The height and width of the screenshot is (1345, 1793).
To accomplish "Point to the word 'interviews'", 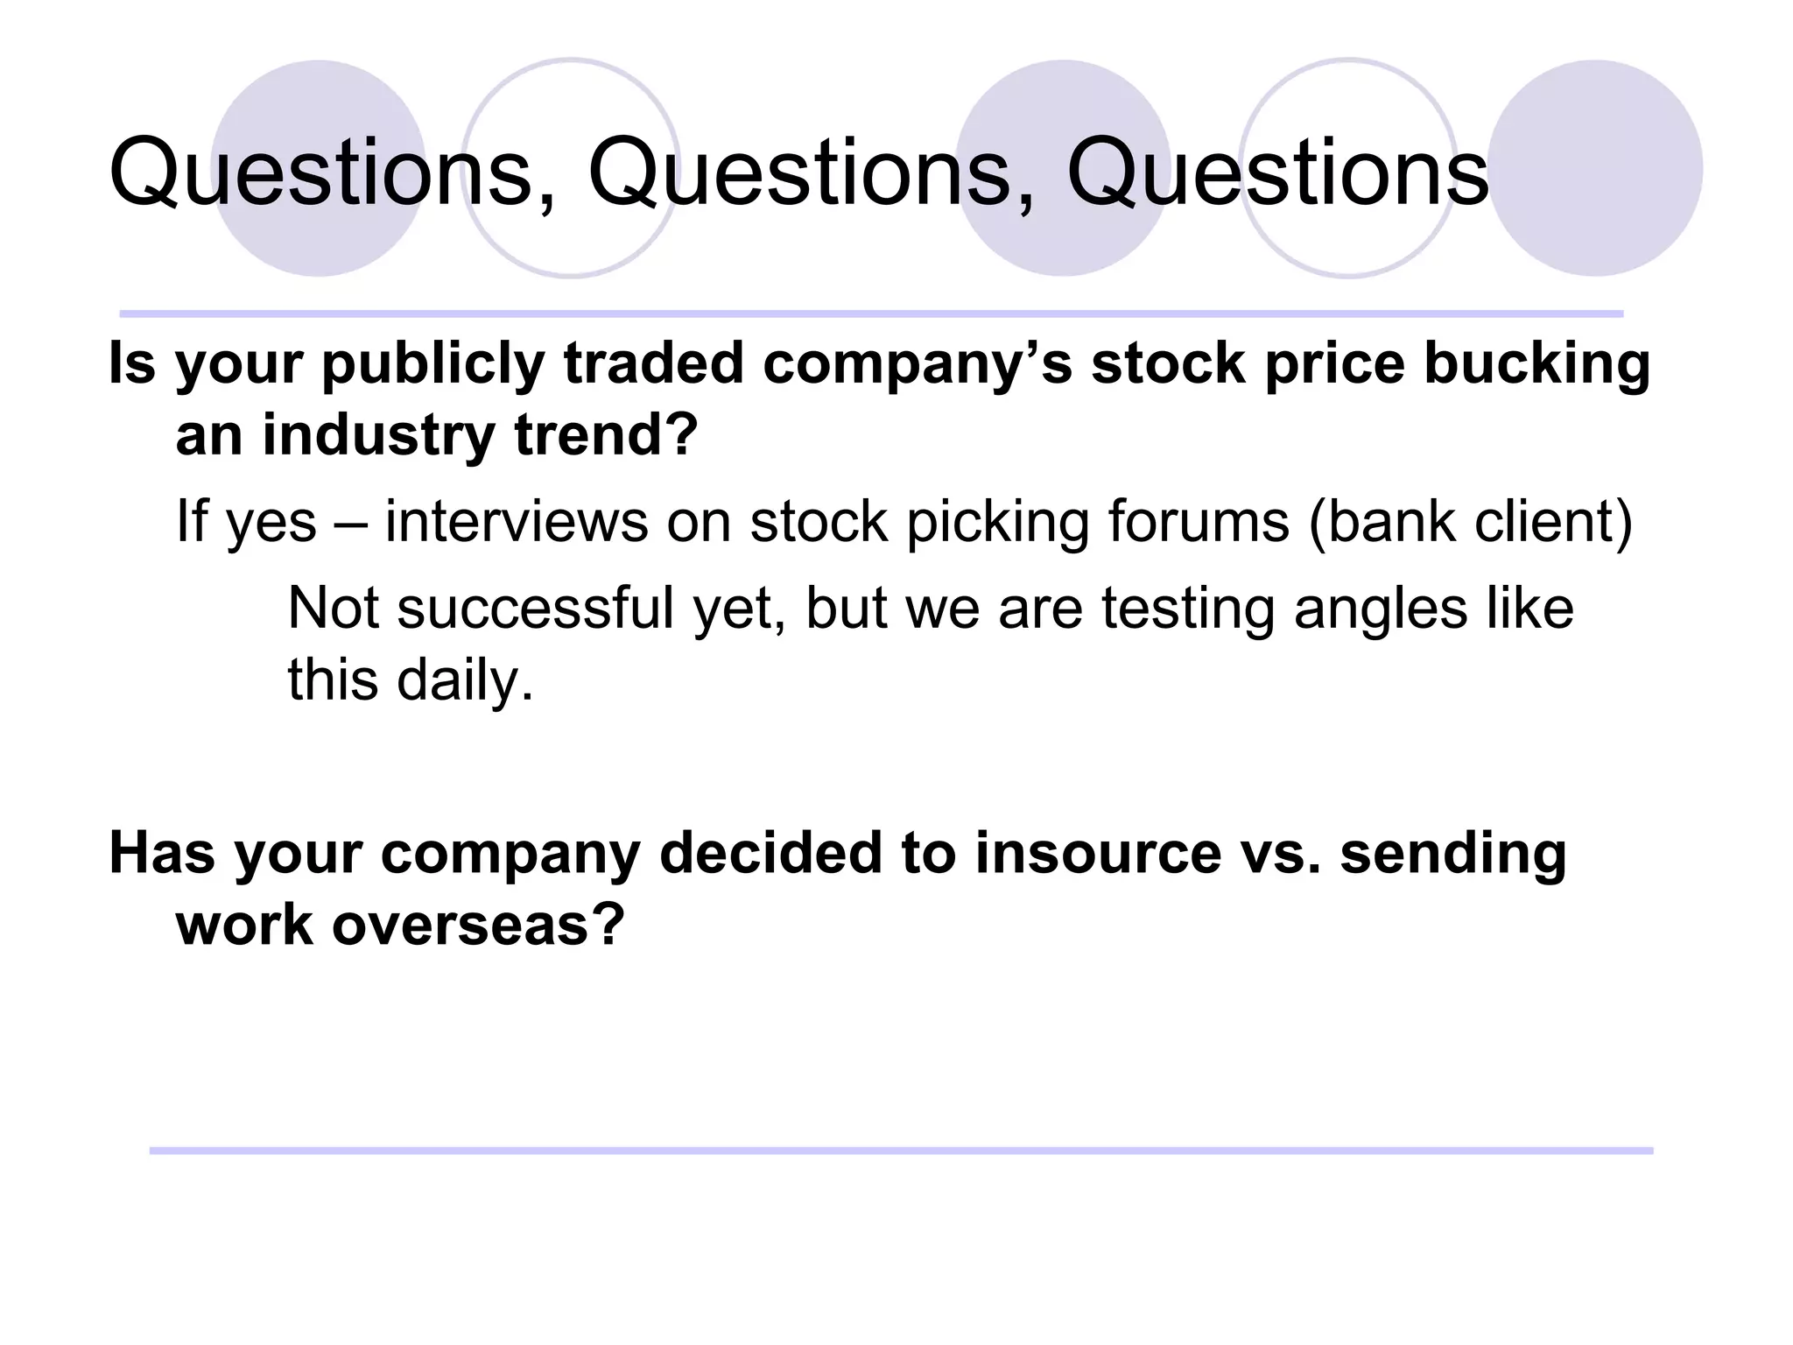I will (517, 522).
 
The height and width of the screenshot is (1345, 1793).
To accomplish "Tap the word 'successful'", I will (535, 609).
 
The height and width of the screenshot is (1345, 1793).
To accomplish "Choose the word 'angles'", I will (1380, 609).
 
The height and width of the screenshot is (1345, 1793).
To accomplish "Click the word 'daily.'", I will (465, 680).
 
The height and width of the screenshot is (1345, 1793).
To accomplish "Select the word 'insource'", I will (1098, 854).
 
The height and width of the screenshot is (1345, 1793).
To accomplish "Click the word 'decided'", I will (770, 854).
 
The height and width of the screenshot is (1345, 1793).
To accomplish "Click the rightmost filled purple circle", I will (1595, 168).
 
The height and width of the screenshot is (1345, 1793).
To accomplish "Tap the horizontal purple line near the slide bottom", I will (902, 1151).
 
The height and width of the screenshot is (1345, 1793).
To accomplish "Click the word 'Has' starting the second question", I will (161, 854).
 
